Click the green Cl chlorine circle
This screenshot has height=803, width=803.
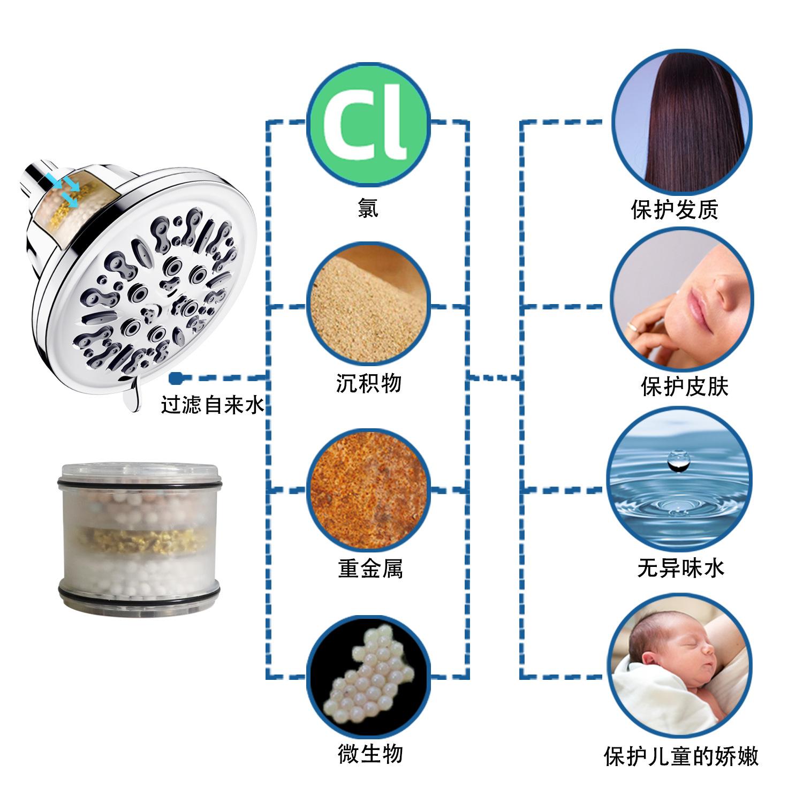click(368, 122)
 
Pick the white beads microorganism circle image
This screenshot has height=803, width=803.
click(368, 676)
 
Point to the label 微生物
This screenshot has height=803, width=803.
click(370, 754)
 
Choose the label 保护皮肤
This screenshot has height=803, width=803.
click(685, 387)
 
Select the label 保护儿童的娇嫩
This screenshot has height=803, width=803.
click(681, 756)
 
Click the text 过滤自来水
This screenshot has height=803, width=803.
click(213, 406)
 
